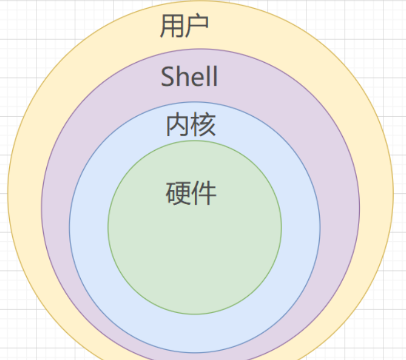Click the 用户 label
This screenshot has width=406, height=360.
coord(184,26)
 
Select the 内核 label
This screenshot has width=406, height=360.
coord(190,125)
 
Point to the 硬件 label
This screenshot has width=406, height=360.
coord(191,193)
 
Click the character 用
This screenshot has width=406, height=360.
coord(172,26)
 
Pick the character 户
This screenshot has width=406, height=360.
coord(196,26)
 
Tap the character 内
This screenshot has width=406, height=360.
coord(177,125)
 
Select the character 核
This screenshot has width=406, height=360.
coord(203,125)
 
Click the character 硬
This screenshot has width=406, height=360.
coord(178,193)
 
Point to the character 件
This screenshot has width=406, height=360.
coord(204,193)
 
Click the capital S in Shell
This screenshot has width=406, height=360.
coord(168,77)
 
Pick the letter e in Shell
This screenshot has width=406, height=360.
coord(197,78)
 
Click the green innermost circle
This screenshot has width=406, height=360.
coord(195,247)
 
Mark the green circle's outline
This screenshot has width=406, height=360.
coord(108,227)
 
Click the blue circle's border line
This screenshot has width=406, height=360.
coord(69,227)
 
